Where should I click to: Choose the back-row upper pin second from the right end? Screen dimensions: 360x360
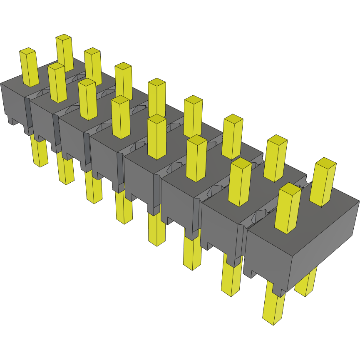pos(276,158)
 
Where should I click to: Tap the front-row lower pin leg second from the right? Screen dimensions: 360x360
pos(231,279)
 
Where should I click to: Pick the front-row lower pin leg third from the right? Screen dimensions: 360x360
pos(192,254)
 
